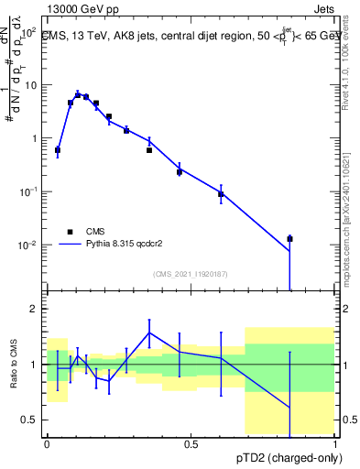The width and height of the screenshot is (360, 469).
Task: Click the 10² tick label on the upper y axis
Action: (27, 31)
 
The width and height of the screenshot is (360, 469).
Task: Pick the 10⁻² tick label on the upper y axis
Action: (27, 245)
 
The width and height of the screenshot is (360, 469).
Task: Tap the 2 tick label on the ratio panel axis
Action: (33, 309)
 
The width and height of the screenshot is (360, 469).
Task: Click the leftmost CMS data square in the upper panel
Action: (58, 149)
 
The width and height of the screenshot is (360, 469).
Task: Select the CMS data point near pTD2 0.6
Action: (221, 194)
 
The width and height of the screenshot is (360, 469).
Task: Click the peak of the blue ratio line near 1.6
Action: (149, 333)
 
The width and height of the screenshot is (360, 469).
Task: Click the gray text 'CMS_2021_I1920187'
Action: (191, 273)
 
